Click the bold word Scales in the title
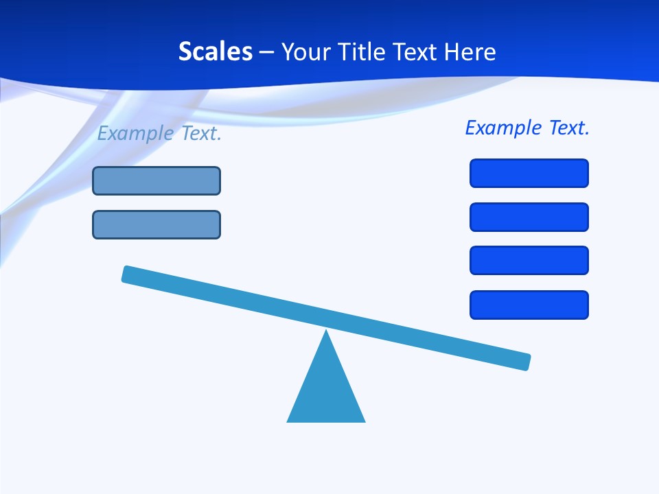215,51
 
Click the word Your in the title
306,51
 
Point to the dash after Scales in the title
267,52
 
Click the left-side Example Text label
159,133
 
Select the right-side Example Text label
527,128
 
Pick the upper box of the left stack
157,180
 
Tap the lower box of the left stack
157,224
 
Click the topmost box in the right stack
529,173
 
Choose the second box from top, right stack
529,217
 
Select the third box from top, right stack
529,261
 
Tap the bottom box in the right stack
529,305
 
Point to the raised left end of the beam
128,274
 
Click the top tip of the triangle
326,332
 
